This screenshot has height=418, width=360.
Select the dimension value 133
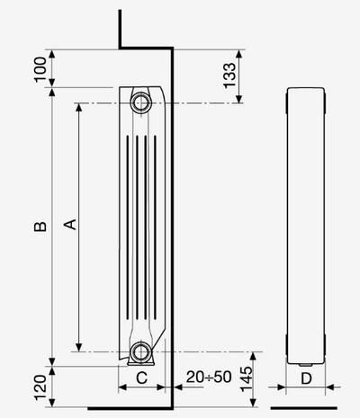tap(230, 76)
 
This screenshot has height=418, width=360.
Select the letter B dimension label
tap(39, 227)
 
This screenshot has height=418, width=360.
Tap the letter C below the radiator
tap(141, 378)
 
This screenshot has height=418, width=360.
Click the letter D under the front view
tap(305, 378)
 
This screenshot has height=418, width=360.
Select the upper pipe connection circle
tap(141, 101)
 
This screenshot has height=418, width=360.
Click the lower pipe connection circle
tap(141, 351)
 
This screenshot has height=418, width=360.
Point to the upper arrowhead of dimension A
tap(80, 109)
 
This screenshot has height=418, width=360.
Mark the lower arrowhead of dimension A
tap(80, 347)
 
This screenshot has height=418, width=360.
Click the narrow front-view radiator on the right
tap(305, 225)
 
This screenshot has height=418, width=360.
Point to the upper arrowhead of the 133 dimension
tap(240, 53)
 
